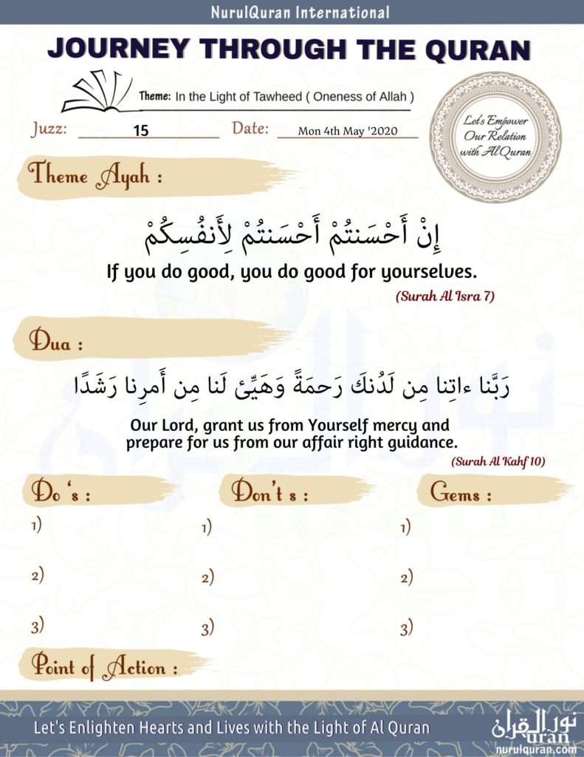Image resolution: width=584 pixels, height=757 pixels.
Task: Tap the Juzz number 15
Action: click(x=141, y=131)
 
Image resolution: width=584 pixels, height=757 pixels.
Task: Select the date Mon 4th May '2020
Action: click(x=348, y=132)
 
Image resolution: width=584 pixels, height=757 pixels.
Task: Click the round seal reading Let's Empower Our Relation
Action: click(x=495, y=137)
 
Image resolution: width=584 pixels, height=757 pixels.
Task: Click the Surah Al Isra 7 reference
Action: click(x=444, y=296)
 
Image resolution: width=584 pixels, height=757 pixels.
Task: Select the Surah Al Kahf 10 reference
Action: click(x=498, y=461)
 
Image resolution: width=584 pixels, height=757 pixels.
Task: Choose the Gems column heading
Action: click(x=461, y=494)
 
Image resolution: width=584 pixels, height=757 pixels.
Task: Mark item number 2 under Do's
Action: click(x=37, y=575)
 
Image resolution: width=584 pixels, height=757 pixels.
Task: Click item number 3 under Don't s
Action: click(x=207, y=629)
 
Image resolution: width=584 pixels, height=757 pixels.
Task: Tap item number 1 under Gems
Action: click(x=405, y=527)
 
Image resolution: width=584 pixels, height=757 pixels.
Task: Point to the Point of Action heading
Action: click(x=104, y=667)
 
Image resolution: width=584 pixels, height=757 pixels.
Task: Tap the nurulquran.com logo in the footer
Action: click(x=535, y=729)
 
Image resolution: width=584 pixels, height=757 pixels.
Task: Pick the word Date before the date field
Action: click(x=250, y=128)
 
